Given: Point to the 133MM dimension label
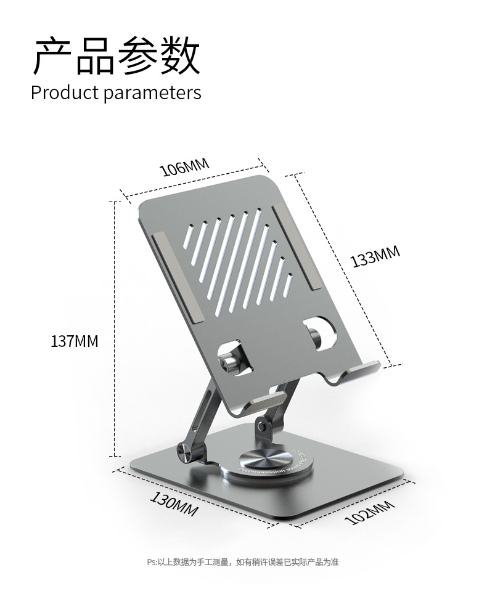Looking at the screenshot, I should click(x=375, y=256).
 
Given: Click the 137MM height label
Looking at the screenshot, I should click(x=74, y=341).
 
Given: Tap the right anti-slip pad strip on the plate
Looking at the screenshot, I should click(x=294, y=246).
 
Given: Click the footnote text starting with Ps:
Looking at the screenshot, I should click(x=243, y=561).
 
